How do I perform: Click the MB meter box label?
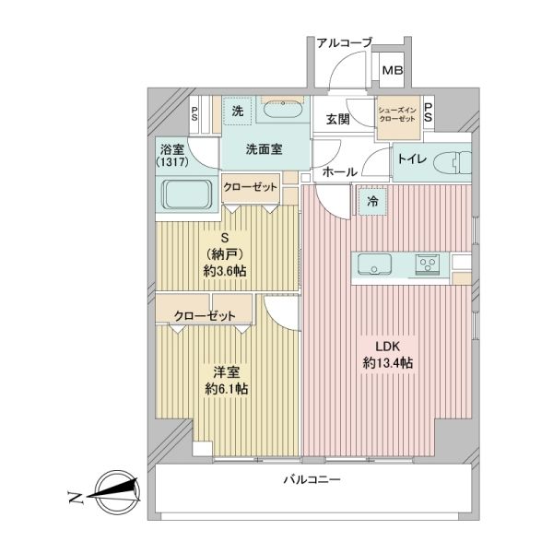[x=393, y=71]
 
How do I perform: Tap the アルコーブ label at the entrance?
[x=344, y=43]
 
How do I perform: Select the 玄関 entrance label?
[x=338, y=119]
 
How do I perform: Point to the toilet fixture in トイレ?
[x=453, y=163]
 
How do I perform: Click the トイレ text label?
[x=412, y=159]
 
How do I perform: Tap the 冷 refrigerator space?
[x=372, y=201]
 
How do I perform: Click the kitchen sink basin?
[x=374, y=265]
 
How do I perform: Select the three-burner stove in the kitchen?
[x=428, y=265]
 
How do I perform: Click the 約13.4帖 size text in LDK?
[x=388, y=363]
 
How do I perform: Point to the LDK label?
[x=387, y=347]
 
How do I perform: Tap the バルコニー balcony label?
[x=312, y=479]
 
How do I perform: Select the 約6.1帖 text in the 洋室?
[x=227, y=389]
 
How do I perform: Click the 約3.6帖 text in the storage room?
[x=225, y=271]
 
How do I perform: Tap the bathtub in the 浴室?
[x=187, y=194]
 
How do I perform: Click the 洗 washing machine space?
[x=238, y=112]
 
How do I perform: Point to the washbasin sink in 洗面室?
[x=283, y=110]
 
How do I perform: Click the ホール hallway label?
[x=339, y=172]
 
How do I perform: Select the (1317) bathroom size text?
[x=172, y=162]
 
